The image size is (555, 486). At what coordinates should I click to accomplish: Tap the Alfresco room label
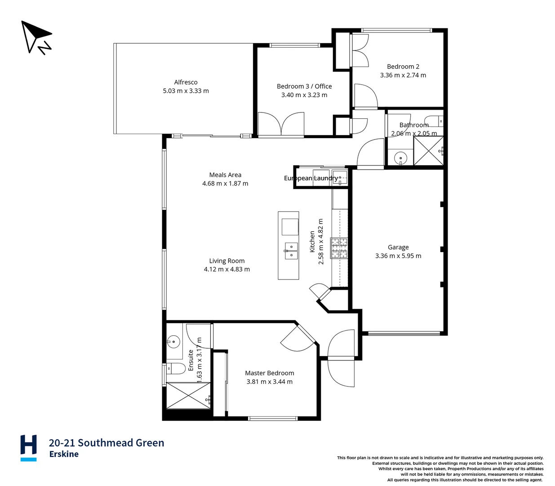[x=186, y=82]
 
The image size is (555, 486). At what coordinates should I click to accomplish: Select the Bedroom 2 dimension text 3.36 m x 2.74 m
[x=403, y=76]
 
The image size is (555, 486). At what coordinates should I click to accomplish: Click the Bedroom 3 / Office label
[x=304, y=86]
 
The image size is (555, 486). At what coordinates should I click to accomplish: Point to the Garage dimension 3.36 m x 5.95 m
[x=398, y=256]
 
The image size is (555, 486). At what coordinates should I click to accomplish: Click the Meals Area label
[x=225, y=175]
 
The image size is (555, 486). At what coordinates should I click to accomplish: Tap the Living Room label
[x=226, y=261]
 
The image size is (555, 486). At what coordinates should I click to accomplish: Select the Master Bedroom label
[x=269, y=373]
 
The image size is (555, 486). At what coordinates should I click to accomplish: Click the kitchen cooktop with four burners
[x=339, y=248]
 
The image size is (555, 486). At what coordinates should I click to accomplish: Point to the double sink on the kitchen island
[x=291, y=251]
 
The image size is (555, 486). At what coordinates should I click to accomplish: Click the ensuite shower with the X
[x=188, y=396]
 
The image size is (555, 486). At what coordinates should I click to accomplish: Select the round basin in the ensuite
[x=173, y=342]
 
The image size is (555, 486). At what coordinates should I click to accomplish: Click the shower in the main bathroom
[x=428, y=151]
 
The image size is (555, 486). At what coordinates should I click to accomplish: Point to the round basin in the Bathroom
[x=400, y=158]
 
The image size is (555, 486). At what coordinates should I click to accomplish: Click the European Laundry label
[x=311, y=178]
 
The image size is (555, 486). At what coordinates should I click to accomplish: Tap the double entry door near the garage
[x=341, y=358]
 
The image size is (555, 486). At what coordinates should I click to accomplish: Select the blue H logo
[x=28, y=447]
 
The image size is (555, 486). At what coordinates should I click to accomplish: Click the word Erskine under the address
[x=64, y=454]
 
